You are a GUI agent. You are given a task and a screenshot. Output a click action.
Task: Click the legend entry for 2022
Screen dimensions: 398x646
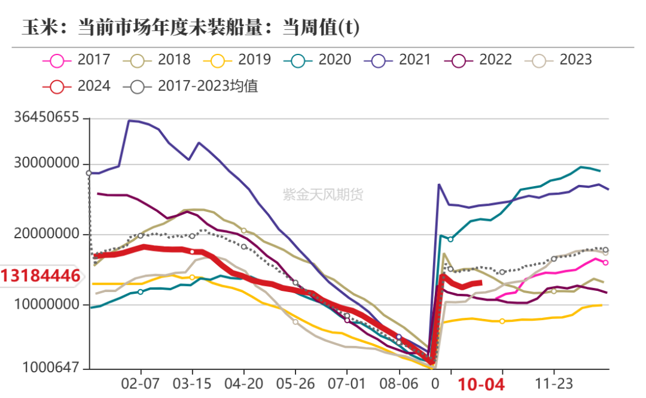[x=479, y=60]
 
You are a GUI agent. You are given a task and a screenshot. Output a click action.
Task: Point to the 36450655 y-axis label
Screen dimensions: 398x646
[x=46, y=118]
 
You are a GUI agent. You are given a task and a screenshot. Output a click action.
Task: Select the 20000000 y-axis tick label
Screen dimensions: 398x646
[x=46, y=235]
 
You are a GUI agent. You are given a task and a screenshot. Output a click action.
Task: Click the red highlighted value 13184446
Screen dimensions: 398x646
[x=41, y=276]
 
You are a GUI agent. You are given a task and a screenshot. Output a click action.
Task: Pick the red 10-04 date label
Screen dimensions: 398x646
[x=481, y=384]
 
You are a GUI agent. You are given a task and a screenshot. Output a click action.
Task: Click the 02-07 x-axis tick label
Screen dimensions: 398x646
[x=141, y=384]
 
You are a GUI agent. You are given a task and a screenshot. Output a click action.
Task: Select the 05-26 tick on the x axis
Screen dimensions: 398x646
[x=295, y=384]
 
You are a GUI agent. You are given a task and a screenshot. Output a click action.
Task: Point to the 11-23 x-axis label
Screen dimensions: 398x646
[x=553, y=384]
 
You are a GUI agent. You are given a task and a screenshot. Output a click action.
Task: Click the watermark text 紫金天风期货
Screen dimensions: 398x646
[x=323, y=195]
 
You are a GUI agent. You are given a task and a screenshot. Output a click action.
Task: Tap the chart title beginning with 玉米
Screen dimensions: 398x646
[x=191, y=28]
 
